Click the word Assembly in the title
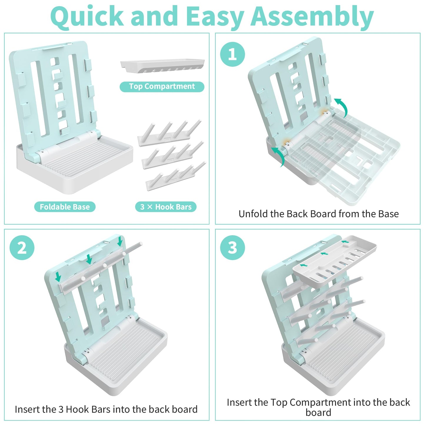tap(313, 17)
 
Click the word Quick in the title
tap(87, 17)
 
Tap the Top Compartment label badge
tap(162, 86)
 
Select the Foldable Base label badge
tap(65, 207)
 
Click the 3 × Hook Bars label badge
tap(166, 207)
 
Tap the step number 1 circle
tap(232, 54)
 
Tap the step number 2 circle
tap(22, 248)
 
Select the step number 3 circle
tap(232, 248)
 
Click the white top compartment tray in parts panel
tap(162, 65)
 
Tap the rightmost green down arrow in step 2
tap(120, 241)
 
